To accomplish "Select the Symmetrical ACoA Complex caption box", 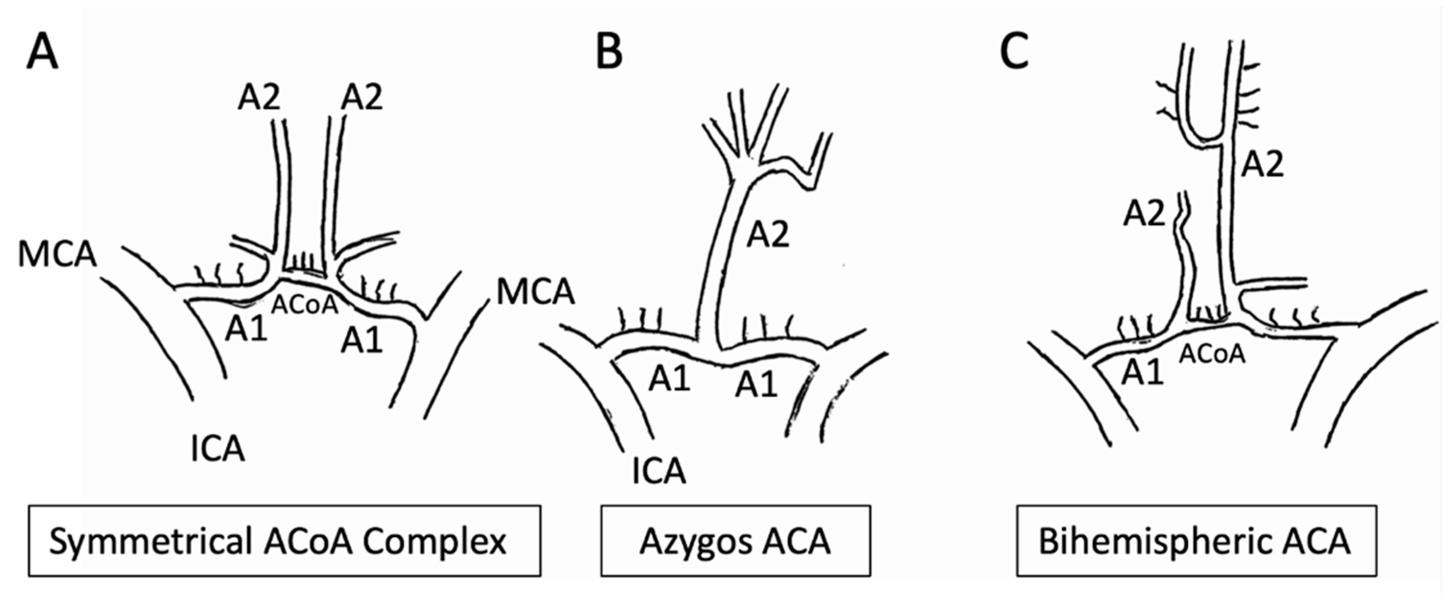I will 284,541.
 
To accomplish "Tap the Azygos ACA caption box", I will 735,541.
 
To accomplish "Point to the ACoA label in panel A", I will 304,305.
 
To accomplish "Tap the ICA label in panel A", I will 218,450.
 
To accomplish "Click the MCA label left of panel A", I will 58,254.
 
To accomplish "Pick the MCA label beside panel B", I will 535,292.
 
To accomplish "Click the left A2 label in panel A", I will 259,97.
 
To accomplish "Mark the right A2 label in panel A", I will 361,97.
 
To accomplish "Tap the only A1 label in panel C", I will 1142,373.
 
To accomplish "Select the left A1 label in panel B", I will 670,378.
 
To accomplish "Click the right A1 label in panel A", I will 361,340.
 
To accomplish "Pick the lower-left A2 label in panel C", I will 1144,214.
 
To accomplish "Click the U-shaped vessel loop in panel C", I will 1207,135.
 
